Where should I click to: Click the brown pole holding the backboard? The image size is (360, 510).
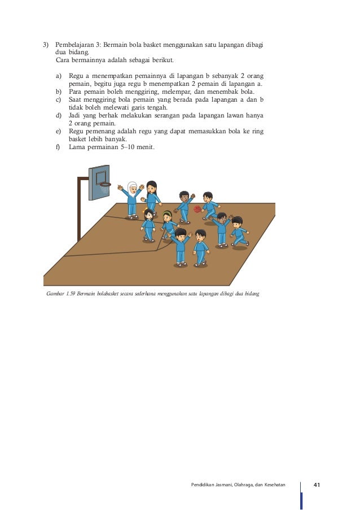point(79,209)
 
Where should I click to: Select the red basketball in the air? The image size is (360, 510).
point(197,209)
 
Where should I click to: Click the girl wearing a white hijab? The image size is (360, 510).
point(132,198)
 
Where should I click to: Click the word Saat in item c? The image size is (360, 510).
point(77,99)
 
